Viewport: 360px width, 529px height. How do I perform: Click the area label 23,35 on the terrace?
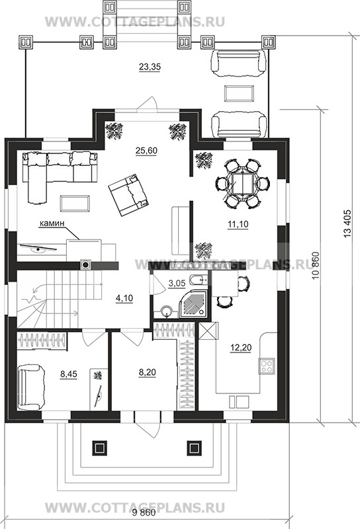tap(150, 67)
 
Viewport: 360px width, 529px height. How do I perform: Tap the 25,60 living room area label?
tap(146, 151)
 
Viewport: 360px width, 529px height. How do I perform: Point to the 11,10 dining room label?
tap(238, 224)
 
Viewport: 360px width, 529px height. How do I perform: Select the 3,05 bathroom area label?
tap(177, 283)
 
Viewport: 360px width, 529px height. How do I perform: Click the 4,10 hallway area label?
tap(124, 298)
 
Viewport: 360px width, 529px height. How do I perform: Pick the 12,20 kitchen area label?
tap(240, 347)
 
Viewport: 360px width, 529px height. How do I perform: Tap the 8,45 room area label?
tap(69, 374)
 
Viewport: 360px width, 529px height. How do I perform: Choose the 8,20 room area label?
tap(147, 372)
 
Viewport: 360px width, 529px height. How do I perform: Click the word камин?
tap(52, 223)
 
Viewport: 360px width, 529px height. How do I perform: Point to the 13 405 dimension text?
tap(349, 224)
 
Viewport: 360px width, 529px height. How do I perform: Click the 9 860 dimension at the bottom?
tap(144, 513)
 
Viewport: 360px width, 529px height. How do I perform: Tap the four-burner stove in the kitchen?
tap(267, 366)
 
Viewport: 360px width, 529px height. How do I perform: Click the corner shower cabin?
tap(193, 304)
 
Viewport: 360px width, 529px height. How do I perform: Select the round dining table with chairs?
tap(242, 183)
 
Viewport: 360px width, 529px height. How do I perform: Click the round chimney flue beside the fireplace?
tap(86, 265)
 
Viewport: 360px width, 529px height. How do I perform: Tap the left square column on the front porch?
tap(99, 448)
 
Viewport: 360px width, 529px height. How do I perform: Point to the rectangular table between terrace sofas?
tap(240, 93)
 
